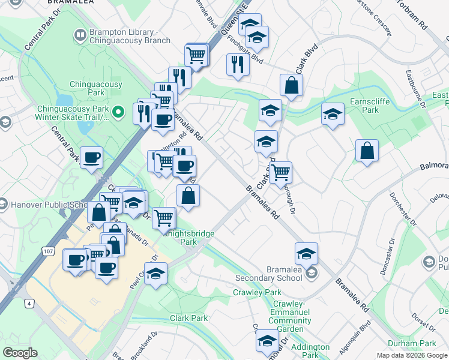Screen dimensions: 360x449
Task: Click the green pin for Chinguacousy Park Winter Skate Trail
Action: pos(119,110)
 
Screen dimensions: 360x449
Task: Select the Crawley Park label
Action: pos(257,293)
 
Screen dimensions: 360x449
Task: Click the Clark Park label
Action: pos(188,318)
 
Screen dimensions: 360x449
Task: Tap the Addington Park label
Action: pos(310,351)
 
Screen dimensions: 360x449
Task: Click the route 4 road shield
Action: pos(29,304)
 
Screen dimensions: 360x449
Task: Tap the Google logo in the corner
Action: pos(20,352)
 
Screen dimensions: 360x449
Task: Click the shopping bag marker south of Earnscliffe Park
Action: pos(367,151)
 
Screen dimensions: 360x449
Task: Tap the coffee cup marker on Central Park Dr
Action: pos(91,158)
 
